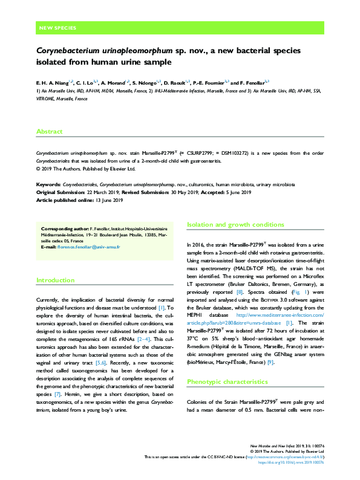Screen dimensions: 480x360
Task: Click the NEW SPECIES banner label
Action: pyautogui.click(x=57, y=28)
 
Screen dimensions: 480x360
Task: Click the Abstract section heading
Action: pyautogui.click(x=49, y=131)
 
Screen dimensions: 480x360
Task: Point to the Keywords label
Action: pyautogui.click(x=48, y=183)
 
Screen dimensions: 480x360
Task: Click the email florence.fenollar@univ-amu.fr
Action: pyautogui.click(x=94, y=248)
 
